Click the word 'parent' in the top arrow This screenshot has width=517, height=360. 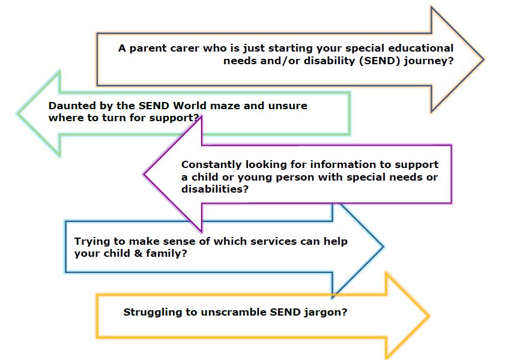[148, 49]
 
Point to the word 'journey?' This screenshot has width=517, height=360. [429, 62]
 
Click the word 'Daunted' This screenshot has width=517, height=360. [68, 106]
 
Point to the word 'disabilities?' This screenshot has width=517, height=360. [214, 189]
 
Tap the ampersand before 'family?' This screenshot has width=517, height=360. [139, 253]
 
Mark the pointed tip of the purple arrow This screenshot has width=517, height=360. [144, 174]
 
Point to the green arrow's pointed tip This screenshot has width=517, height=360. [17, 113]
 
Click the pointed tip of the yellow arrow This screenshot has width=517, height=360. [429, 316]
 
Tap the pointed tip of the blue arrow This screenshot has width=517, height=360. [384, 247]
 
